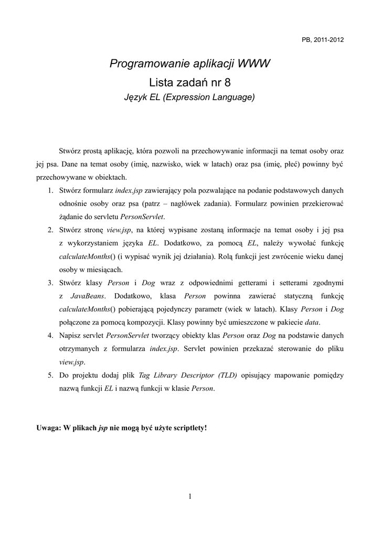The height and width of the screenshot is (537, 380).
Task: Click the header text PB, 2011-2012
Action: coord(323,40)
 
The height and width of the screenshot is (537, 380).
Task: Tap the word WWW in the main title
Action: coord(254,64)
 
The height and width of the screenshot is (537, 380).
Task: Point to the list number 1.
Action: coord(50,189)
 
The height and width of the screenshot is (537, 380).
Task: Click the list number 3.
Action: coord(50,283)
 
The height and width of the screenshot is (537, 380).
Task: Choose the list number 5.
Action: coord(50,375)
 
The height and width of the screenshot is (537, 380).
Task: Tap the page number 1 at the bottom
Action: coord(189,497)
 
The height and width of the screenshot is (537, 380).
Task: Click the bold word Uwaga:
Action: coord(48,427)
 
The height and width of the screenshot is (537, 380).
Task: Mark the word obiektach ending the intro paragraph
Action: coord(119,176)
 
